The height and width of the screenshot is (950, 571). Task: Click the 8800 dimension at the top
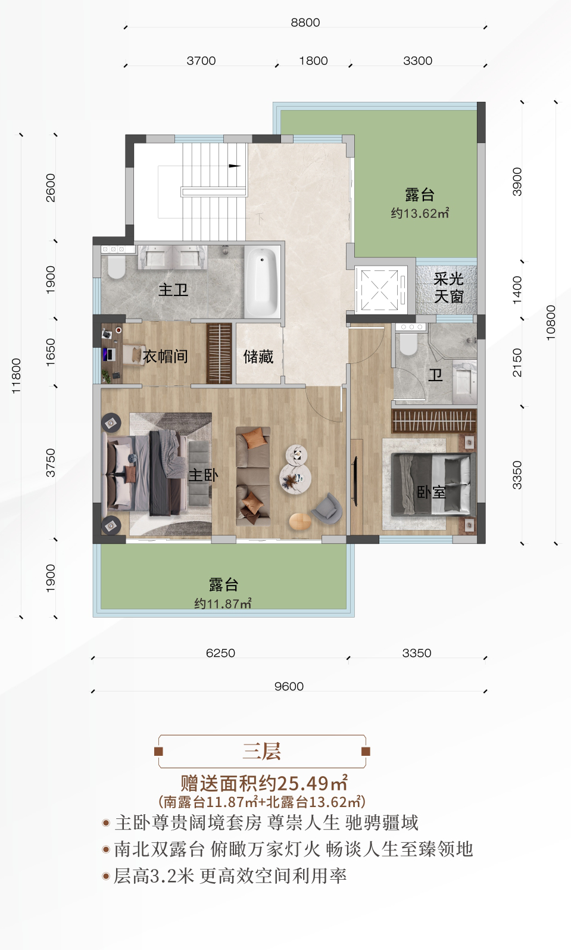click(x=305, y=23)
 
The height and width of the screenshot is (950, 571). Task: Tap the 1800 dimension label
click(x=313, y=61)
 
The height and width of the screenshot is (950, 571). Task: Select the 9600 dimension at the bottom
click(x=289, y=686)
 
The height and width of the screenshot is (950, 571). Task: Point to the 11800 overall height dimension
click(x=16, y=376)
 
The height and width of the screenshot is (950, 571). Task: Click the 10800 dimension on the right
click(x=551, y=322)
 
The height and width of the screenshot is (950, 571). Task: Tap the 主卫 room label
click(x=173, y=290)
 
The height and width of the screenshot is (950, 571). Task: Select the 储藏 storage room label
click(x=258, y=356)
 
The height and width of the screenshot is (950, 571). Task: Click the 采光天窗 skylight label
click(x=448, y=288)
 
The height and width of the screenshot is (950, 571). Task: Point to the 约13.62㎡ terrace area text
click(x=420, y=213)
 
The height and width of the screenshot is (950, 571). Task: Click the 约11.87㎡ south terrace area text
click(x=223, y=603)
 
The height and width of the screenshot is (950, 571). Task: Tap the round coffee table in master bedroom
click(x=295, y=478)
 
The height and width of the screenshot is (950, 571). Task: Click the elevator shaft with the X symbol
click(x=380, y=289)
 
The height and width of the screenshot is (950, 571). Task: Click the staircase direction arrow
click(x=235, y=166)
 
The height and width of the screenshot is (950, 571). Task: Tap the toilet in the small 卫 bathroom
click(x=408, y=344)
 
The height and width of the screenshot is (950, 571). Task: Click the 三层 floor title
click(x=262, y=751)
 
